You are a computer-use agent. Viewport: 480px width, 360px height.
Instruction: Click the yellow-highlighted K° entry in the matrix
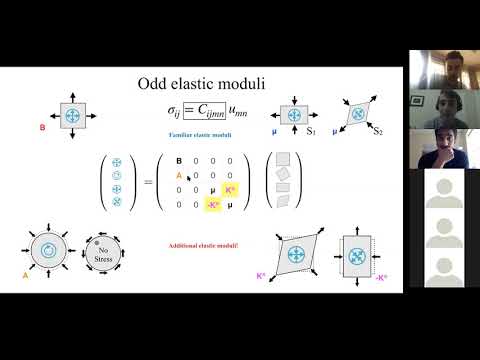(229, 188)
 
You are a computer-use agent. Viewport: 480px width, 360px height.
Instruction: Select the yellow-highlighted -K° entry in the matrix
(212, 204)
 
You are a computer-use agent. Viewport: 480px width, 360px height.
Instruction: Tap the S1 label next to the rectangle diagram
(310, 130)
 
